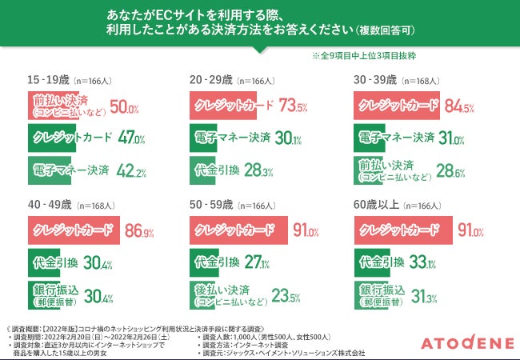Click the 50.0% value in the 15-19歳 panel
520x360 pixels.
[124, 107]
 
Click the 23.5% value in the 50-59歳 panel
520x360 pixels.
[286, 297]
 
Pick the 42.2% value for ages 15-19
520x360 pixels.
[130, 171]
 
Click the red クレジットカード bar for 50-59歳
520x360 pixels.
[238, 230]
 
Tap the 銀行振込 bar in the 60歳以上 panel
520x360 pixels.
[376, 294]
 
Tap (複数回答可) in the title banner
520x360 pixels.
[384, 31]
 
